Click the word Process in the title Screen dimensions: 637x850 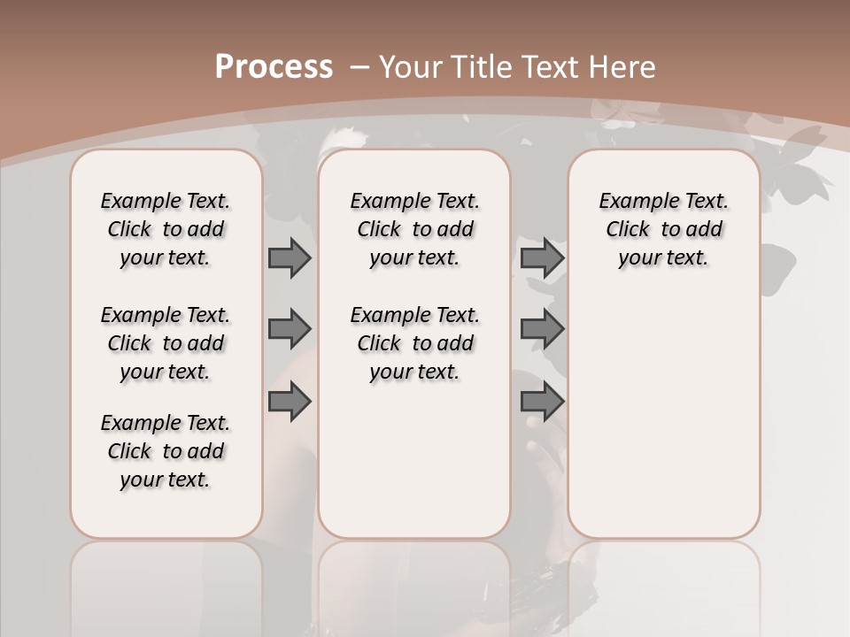coord(274,67)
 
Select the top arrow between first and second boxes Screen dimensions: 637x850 coord(289,257)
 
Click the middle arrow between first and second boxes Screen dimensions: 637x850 coord(289,329)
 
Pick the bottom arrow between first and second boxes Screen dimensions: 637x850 coord(289,403)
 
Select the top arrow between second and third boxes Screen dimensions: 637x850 coord(542,257)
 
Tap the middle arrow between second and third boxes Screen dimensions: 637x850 coord(542,329)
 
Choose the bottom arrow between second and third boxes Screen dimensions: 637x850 coord(542,403)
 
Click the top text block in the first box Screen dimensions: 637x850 coord(166,229)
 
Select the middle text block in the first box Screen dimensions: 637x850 coord(166,343)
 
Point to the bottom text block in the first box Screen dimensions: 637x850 coord(166,451)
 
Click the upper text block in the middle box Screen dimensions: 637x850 coord(414,229)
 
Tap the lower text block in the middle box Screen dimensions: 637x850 coord(414,343)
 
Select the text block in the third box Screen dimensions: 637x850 coord(663,229)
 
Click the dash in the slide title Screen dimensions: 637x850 coord(360,67)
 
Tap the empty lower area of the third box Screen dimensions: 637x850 coord(663,416)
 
